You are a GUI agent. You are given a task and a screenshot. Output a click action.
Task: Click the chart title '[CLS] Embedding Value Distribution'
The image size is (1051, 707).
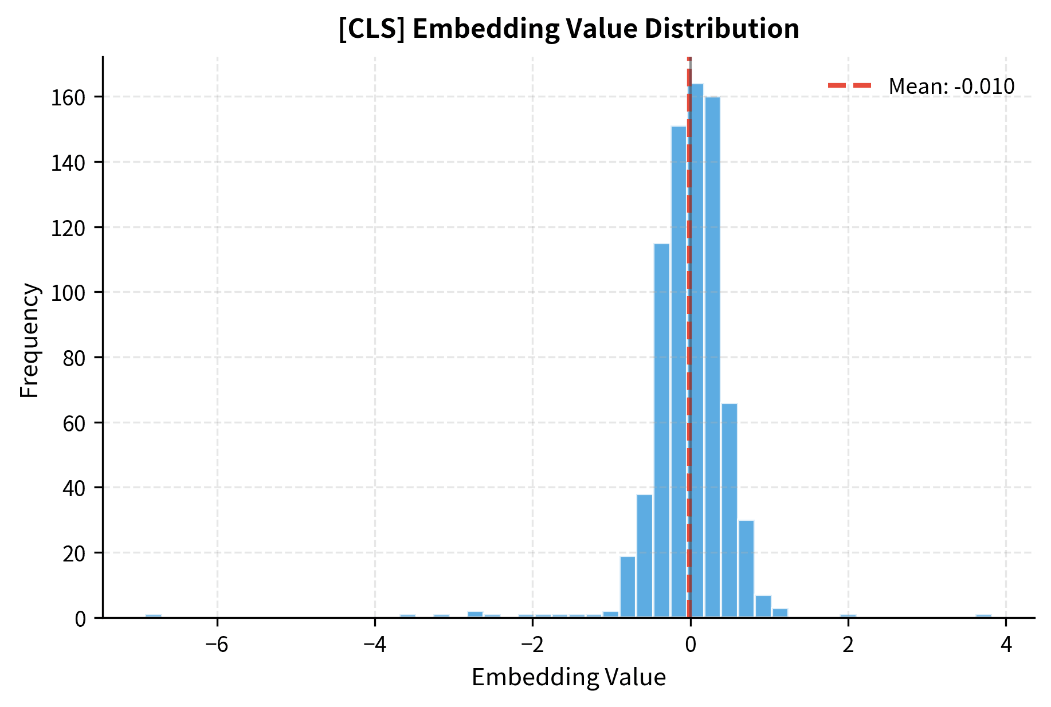[x=568, y=29]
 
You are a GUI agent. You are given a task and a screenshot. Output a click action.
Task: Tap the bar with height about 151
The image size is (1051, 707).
[x=679, y=372]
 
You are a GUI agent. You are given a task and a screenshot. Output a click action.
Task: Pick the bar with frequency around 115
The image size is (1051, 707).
[x=662, y=430]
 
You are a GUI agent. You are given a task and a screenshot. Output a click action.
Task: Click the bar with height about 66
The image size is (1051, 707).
[x=730, y=510]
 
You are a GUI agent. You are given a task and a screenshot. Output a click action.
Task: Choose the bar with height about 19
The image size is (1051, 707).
[x=628, y=587]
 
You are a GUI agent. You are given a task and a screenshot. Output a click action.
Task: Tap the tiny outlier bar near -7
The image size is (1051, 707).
[x=154, y=616]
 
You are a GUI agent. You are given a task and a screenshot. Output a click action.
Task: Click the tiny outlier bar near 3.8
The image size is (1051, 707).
[x=983, y=616]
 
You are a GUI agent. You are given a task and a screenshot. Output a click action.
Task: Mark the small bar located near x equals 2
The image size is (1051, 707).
[x=848, y=616]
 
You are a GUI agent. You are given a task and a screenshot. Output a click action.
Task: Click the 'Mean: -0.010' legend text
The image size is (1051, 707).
[x=951, y=87]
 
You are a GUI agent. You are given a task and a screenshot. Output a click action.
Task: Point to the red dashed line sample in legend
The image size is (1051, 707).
[x=850, y=86]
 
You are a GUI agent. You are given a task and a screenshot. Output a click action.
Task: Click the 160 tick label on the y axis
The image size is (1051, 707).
[x=68, y=97]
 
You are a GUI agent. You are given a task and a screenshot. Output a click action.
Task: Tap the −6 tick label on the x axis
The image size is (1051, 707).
[x=217, y=645]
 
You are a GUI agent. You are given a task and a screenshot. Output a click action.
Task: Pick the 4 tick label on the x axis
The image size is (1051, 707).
[x=1006, y=645]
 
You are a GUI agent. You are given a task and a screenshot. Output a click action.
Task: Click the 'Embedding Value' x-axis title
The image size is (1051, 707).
[x=568, y=677]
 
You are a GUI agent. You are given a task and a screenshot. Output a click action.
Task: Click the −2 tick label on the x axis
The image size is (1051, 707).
[x=532, y=645]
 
